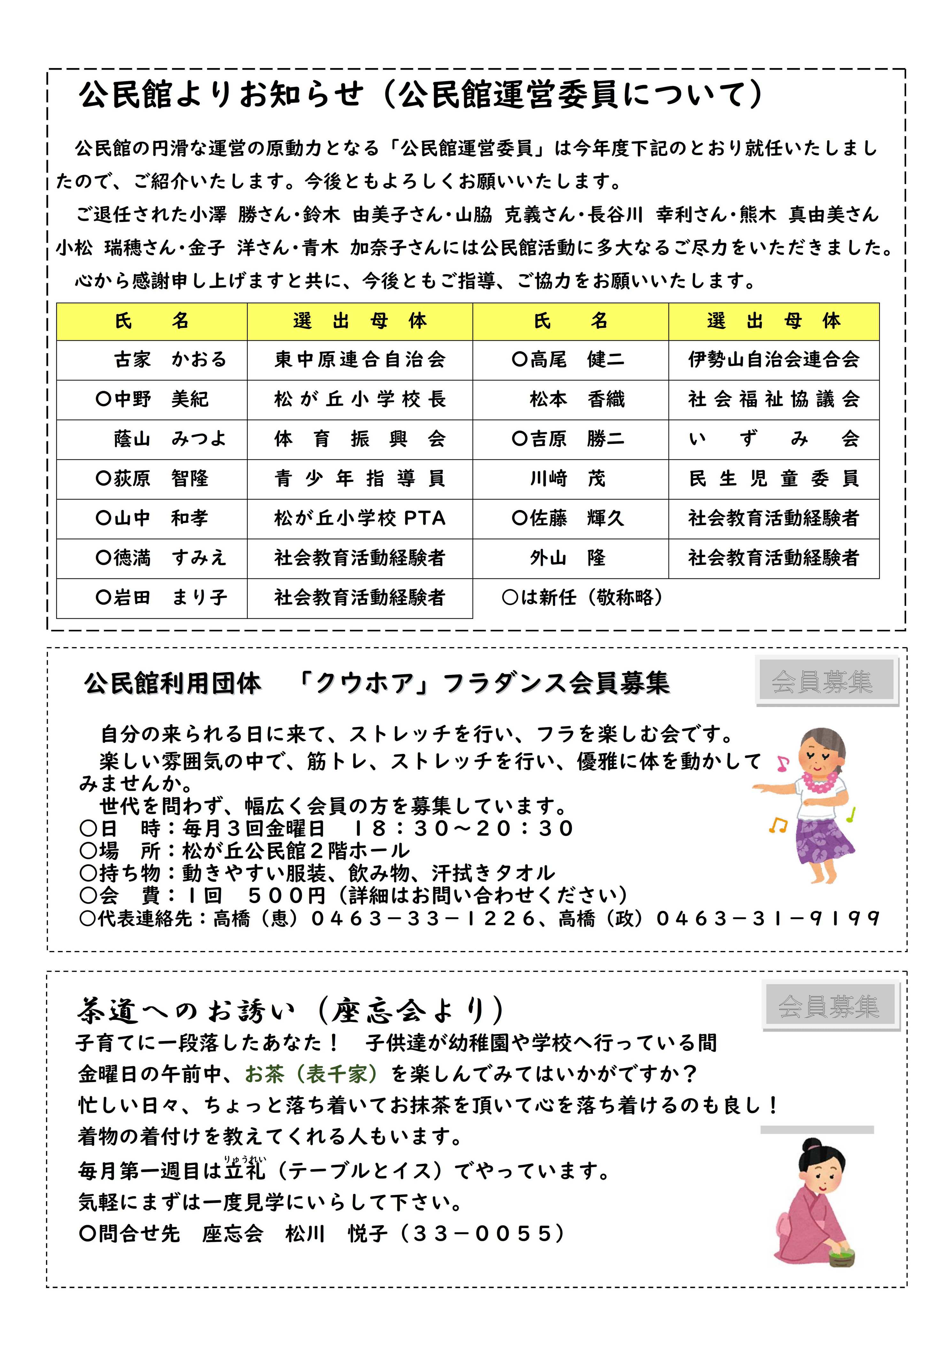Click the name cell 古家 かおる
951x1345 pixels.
click(x=170, y=360)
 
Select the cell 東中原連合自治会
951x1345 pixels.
click(x=360, y=360)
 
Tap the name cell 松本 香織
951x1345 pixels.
click(x=577, y=399)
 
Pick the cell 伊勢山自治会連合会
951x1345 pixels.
click(x=773, y=360)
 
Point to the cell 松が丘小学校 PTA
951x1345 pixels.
click(x=360, y=518)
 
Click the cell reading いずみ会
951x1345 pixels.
click(x=773, y=439)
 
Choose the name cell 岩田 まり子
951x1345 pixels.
click(x=161, y=598)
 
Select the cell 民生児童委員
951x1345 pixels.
click(x=773, y=479)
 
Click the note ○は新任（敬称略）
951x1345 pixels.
click(x=583, y=598)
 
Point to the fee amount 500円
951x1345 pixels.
click(x=287, y=896)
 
